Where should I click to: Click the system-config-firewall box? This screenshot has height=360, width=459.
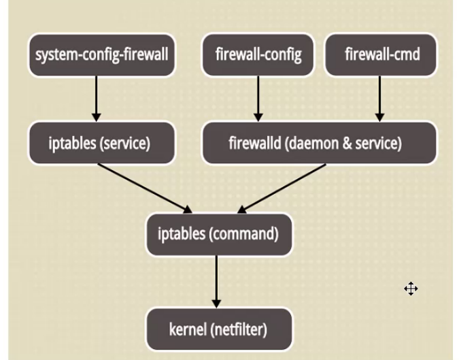tap(101, 54)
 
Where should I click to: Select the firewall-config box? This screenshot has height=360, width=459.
tap(258, 54)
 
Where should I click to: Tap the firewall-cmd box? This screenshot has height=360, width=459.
tap(381, 54)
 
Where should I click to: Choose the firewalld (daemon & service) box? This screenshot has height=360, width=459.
tap(319, 144)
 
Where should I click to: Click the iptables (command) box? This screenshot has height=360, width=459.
tap(218, 234)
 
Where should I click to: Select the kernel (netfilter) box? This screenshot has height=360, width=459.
tap(218, 330)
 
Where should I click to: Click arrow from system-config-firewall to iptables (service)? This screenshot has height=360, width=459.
tap(97, 99)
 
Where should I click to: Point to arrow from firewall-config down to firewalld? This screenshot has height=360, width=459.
tap(258, 99)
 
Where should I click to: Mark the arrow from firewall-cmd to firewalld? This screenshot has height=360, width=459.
tap(379, 99)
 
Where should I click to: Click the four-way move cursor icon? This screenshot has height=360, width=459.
tap(411, 289)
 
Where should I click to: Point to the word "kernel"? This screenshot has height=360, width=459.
tap(188, 330)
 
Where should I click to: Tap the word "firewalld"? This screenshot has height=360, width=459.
tap(254, 144)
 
